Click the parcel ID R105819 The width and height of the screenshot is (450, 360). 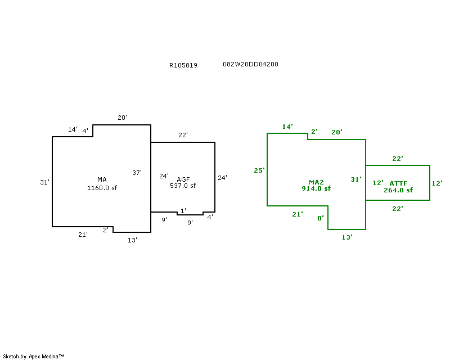click(x=183, y=65)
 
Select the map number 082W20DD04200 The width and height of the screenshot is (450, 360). click(x=250, y=64)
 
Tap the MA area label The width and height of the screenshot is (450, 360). click(x=102, y=180)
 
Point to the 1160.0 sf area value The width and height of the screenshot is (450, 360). click(x=102, y=188)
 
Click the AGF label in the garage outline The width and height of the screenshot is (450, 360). click(x=183, y=179)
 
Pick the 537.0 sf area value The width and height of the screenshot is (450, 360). click(x=183, y=186)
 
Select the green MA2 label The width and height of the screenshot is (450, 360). click(x=316, y=182)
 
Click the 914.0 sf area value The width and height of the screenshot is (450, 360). click(x=316, y=189)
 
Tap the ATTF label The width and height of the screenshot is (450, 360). click(x=398, y=183)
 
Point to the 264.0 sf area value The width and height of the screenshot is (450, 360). click(x=398, y=190)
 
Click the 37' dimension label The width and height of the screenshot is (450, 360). click(x=137, y=173)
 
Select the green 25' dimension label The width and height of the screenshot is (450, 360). click(x=259, y=170)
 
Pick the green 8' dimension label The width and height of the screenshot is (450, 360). click(x=321, y=218)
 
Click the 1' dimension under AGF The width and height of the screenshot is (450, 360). click(x=183, y=210)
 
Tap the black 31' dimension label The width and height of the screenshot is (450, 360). click(x=45, y=182)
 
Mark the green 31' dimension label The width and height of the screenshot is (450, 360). click(x=356, y=179)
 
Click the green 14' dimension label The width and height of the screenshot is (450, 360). click(x=287, y=127)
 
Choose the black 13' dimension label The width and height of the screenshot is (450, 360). click(x=132, y=240)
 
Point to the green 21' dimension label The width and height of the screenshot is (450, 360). click(x=298, y=214)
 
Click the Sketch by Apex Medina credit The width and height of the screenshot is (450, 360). click(x=34, y=356)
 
